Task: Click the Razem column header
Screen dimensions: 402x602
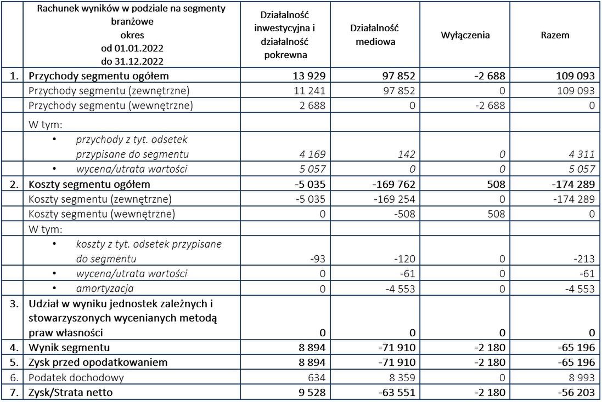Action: pos(557,35)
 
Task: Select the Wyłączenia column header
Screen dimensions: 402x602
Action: pos(465,35)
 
